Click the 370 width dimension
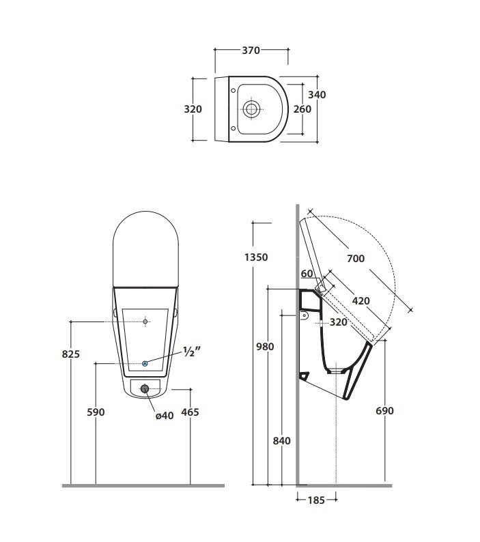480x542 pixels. click(x=251, y=49)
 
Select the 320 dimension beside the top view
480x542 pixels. click(x=193, y=109)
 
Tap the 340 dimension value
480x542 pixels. click(x=317, y=95)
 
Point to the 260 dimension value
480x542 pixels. click(x=302, y=109)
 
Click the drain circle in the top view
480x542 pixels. click(x=251, y=109)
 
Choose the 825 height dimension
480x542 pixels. click(x=72, y=354)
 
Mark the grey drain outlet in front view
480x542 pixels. click(x=144, y=389)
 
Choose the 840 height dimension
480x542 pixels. click(x=281, y=441)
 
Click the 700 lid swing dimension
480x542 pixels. click(x=355, y=258)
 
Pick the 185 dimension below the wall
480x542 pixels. click(x=316, y=500)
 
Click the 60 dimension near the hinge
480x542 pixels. click(x=307, y=274)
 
